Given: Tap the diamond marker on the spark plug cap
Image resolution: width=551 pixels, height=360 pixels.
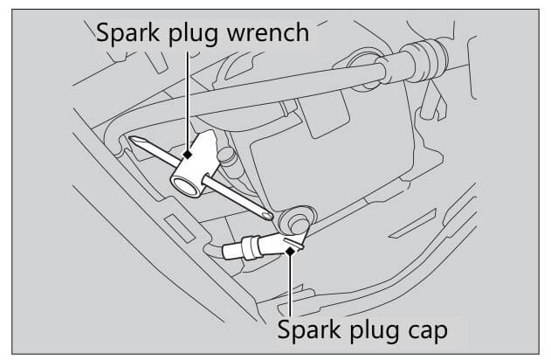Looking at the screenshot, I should coord(291,250).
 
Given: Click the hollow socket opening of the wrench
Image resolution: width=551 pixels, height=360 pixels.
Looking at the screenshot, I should coord(183,183).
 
